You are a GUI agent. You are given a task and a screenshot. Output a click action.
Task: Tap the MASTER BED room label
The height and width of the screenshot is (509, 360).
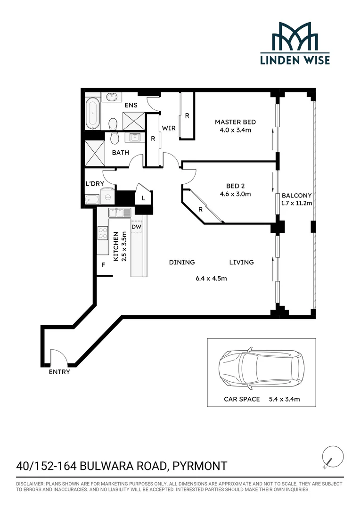pos(235,122)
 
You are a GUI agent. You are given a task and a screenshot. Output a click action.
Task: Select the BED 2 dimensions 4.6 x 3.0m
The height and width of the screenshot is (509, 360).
pos(235,194)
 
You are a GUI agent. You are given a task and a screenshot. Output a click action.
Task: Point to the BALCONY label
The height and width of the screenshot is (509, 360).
pos(297,196)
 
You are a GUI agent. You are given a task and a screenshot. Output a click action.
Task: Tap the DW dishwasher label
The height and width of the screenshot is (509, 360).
pos(136,227)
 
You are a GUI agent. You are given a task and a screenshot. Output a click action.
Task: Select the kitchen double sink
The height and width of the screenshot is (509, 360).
pos(120,213)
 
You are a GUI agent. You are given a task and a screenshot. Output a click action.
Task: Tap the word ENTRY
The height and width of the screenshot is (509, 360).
pos(59,372)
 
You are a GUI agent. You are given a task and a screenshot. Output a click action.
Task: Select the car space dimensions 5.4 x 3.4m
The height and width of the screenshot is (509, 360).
pos(284,399)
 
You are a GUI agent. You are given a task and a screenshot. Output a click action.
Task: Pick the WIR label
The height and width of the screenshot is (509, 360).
pos(169,128)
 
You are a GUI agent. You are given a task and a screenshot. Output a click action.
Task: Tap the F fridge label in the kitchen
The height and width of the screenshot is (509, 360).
pos(103,265)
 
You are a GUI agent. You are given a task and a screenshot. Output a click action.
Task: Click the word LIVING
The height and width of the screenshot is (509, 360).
pos(242,263)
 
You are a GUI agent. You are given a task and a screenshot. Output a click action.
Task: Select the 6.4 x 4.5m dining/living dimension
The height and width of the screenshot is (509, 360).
pos(211,278)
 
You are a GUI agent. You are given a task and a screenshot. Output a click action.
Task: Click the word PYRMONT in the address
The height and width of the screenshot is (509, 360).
pos(200,466)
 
